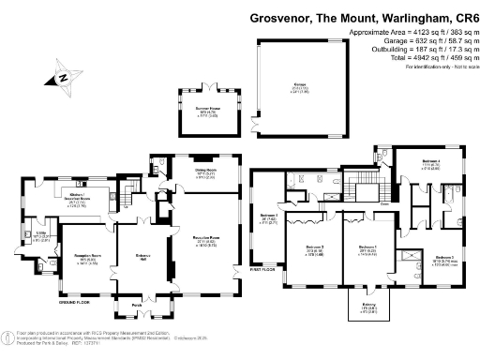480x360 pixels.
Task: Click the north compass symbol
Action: [63, 80]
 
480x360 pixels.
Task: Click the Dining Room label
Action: [205, 169]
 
